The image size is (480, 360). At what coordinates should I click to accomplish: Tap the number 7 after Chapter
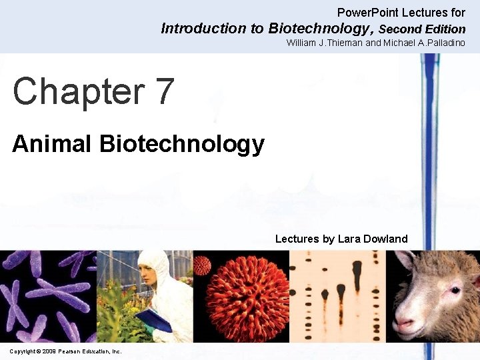point(163,92)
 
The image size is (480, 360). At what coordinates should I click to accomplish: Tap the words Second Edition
point(422,29)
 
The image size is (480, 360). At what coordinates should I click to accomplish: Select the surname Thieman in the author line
point(341,43)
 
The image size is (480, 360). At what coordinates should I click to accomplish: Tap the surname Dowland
point(385,239)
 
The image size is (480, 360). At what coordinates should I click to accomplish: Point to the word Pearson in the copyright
point(70,351)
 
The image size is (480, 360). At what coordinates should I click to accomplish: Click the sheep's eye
point(455,290)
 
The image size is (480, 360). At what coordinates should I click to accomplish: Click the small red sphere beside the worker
point(202,265)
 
